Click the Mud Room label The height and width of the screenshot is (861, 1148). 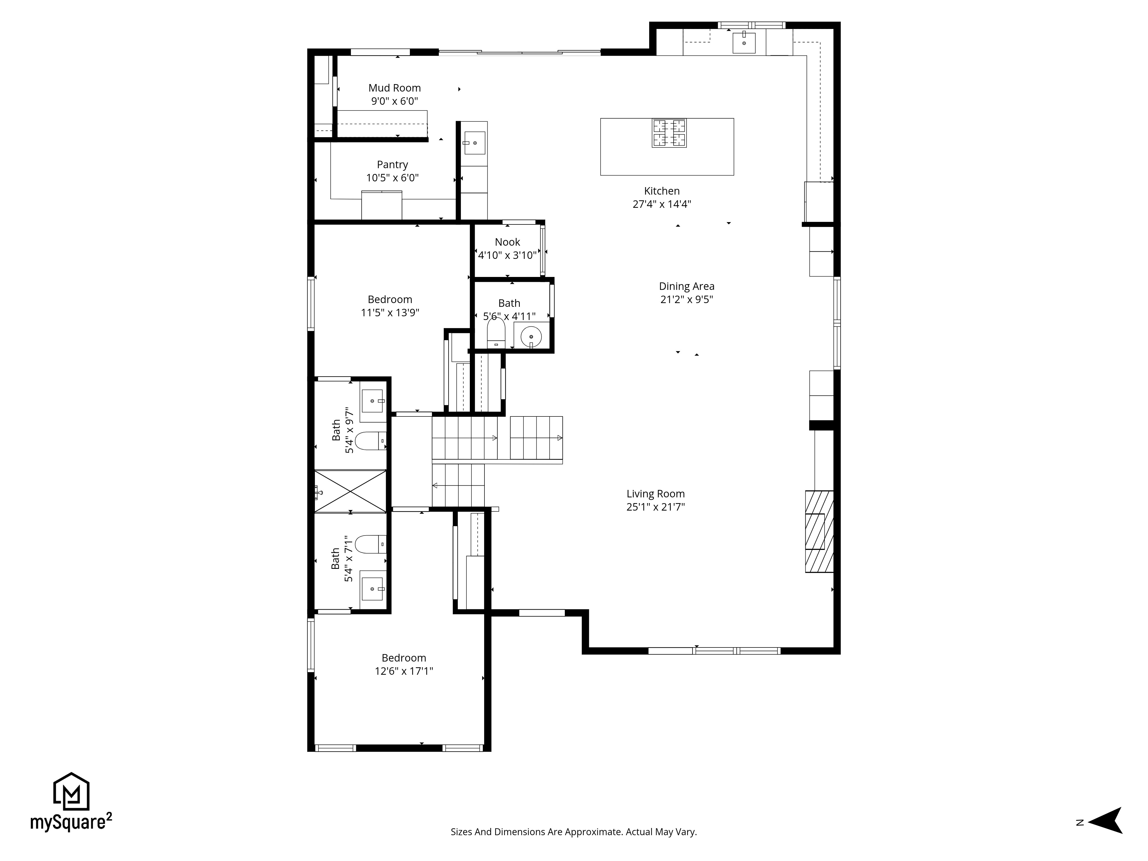click(394, 88)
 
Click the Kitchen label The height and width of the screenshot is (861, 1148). click(662, 191)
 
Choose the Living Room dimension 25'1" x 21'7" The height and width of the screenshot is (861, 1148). click(656, 507)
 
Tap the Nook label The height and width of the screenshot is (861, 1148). click(507, 242)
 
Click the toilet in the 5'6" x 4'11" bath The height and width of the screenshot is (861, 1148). click(496, 333)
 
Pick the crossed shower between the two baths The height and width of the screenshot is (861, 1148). click(350, 491)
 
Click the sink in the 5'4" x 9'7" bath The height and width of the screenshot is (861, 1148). click(372, 401)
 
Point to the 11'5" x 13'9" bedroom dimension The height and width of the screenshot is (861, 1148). click(390, 313)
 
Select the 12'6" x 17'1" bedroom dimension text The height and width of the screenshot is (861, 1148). click(404, 671)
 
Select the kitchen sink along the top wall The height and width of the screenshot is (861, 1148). click(744, 42)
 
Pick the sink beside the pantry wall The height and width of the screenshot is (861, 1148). click(474, 143)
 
